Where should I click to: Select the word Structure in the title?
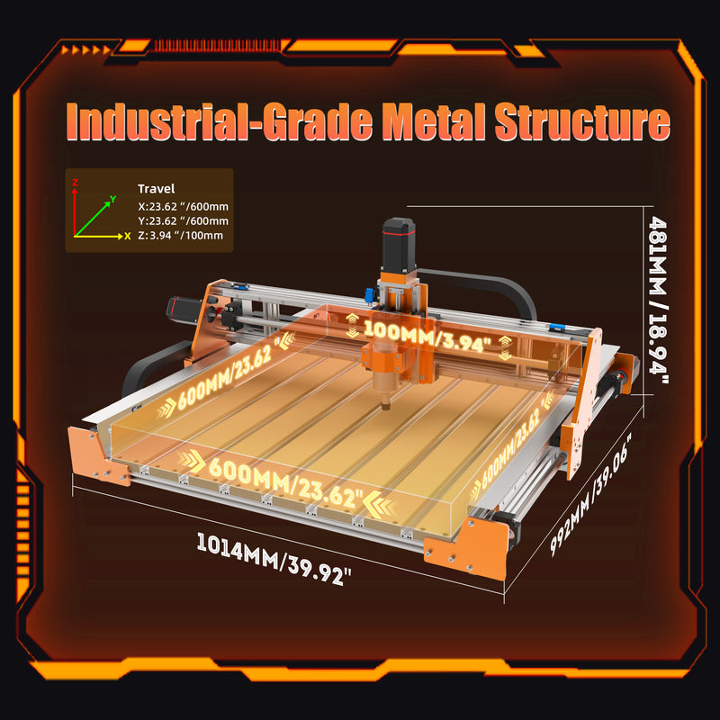pos(582,122)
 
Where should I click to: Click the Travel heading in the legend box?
pos(156,189)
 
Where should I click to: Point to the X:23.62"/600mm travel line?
pos(184,207)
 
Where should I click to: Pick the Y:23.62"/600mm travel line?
pos(184,220)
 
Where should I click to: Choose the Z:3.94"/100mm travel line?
pos(181,236)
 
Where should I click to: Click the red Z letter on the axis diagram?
pos(75,183)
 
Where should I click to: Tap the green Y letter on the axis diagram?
pos(113,199)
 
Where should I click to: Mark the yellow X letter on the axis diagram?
pos(128,237)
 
